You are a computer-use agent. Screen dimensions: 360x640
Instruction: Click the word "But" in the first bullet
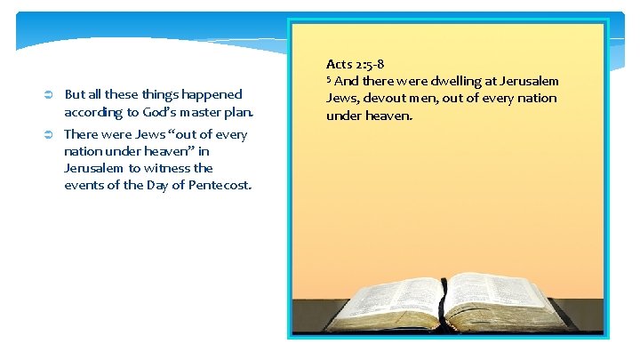(x=75, y=94)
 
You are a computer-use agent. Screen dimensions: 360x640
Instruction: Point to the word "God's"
(x=156, y=113)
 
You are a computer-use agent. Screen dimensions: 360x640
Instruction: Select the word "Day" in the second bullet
(x=160, y=185)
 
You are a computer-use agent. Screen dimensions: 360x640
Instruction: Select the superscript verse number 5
(x=329, y=78)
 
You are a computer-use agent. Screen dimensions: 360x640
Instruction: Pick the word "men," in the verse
(x=432, y=98)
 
